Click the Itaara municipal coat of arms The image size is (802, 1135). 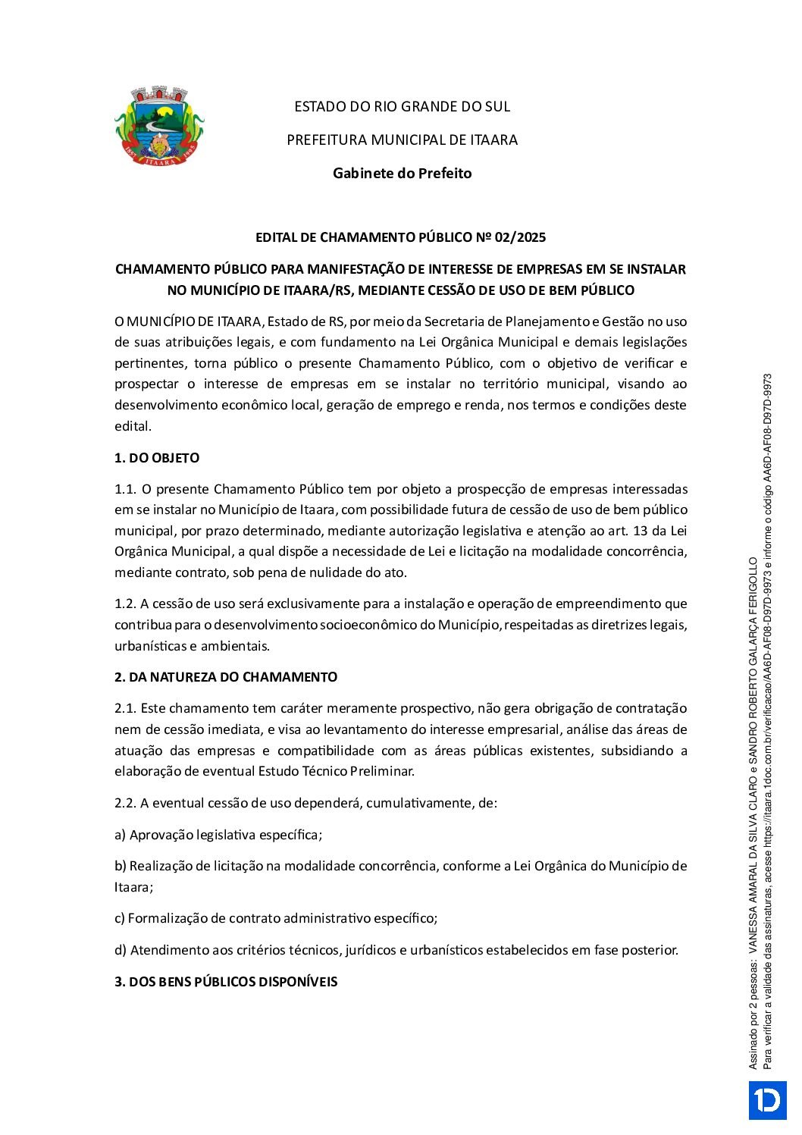tap(159, 126)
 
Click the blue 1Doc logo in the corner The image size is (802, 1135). tap(767, 1100)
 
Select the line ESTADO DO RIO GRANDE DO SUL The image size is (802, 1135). tap(402, 107)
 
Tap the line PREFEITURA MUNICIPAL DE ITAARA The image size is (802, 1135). tap(402, 140)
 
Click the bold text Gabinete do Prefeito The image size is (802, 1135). tap(402, 174)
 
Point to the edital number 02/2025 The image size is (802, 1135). tap(520, 237)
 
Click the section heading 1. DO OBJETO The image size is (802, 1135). tap(157, 458)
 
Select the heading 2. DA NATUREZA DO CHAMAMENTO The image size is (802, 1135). tap(226, 677)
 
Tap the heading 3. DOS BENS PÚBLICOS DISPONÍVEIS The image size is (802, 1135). tap(226, 982)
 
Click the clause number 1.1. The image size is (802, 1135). tap(124, 489)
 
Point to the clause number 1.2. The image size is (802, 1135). tap(124, 604)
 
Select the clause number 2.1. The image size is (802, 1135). tap(124, 708)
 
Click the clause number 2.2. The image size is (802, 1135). tap(124, 803)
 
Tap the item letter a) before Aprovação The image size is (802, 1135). tap(120, 835)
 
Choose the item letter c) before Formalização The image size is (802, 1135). tap(119, 918)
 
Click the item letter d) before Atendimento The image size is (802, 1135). tap(120, 950)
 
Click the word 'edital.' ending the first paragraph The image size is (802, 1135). tap(133, 426)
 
